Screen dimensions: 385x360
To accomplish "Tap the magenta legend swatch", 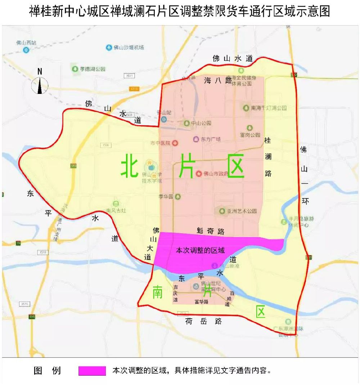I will tap(92, 371).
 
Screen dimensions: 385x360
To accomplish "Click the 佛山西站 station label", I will tap(26, 43).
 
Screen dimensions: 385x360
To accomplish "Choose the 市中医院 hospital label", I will tap(161, 143).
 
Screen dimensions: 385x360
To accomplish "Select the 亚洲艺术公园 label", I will tap(243, 211).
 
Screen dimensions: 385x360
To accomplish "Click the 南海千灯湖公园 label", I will tap(268, 108).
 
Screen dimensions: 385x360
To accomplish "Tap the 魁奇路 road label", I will tap(211, 231).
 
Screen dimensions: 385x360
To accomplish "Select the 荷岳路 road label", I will tap(203, 321).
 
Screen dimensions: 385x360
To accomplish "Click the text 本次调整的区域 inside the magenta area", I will tap(200, 250).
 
